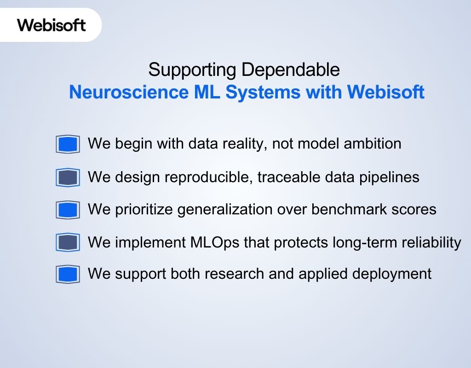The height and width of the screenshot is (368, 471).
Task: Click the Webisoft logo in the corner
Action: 52,25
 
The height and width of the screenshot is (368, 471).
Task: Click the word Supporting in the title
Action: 193,70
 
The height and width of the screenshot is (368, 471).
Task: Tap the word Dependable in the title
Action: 291,70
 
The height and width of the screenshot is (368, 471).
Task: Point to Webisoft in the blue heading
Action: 385,92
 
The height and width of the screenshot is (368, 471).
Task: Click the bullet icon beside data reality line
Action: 68,144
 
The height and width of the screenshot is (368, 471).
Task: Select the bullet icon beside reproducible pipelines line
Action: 68,177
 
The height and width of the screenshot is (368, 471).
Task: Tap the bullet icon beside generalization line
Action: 68,210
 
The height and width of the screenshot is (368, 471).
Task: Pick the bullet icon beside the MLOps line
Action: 68,242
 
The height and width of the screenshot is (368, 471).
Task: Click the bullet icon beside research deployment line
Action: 68,274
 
